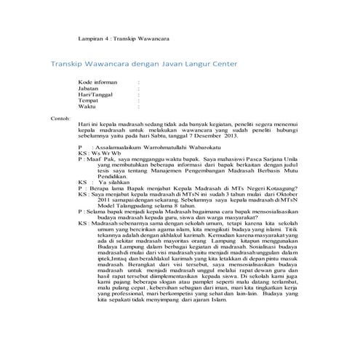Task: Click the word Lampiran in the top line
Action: [91, 39]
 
